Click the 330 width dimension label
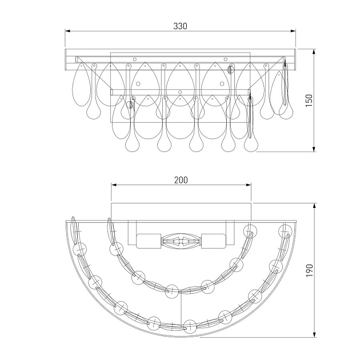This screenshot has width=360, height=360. point(180,26)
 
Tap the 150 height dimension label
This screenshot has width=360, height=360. point(309,100)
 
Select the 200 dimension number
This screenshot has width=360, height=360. point(181,180)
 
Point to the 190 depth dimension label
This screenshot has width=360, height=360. point(310,270)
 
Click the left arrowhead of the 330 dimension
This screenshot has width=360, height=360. point(68,31)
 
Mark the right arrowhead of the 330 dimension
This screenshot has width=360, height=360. point(293,31)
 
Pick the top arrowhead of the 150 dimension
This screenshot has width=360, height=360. point(314,51)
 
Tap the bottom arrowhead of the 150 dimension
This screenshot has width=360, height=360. point(314,149)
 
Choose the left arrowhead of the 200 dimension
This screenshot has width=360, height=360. point(114,185)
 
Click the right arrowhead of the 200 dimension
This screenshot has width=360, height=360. point(249,185)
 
